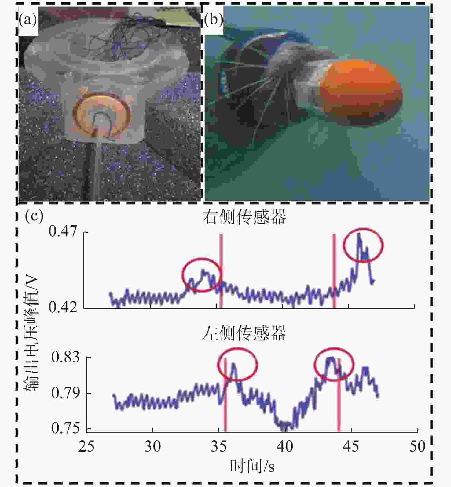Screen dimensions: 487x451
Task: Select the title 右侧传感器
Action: (x=244, y=217)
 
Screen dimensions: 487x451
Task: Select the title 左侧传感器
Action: (x=244, y=333)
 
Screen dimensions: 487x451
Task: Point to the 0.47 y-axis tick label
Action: (x=63, y=231)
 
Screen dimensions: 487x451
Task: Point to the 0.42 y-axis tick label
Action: (x=63, y=307)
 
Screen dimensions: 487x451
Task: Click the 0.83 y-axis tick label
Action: (x=65, y=357)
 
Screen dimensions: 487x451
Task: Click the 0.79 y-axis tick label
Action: (x=65, y=393)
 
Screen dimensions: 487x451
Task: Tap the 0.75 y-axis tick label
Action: (x=65, y=428)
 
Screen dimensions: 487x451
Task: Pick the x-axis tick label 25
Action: (x=86, y=447)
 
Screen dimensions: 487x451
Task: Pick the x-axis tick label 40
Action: (x=285, y=447)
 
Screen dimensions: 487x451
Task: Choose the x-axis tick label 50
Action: (x=417, y=447)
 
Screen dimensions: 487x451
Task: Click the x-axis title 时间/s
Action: (x=252, y=466)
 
